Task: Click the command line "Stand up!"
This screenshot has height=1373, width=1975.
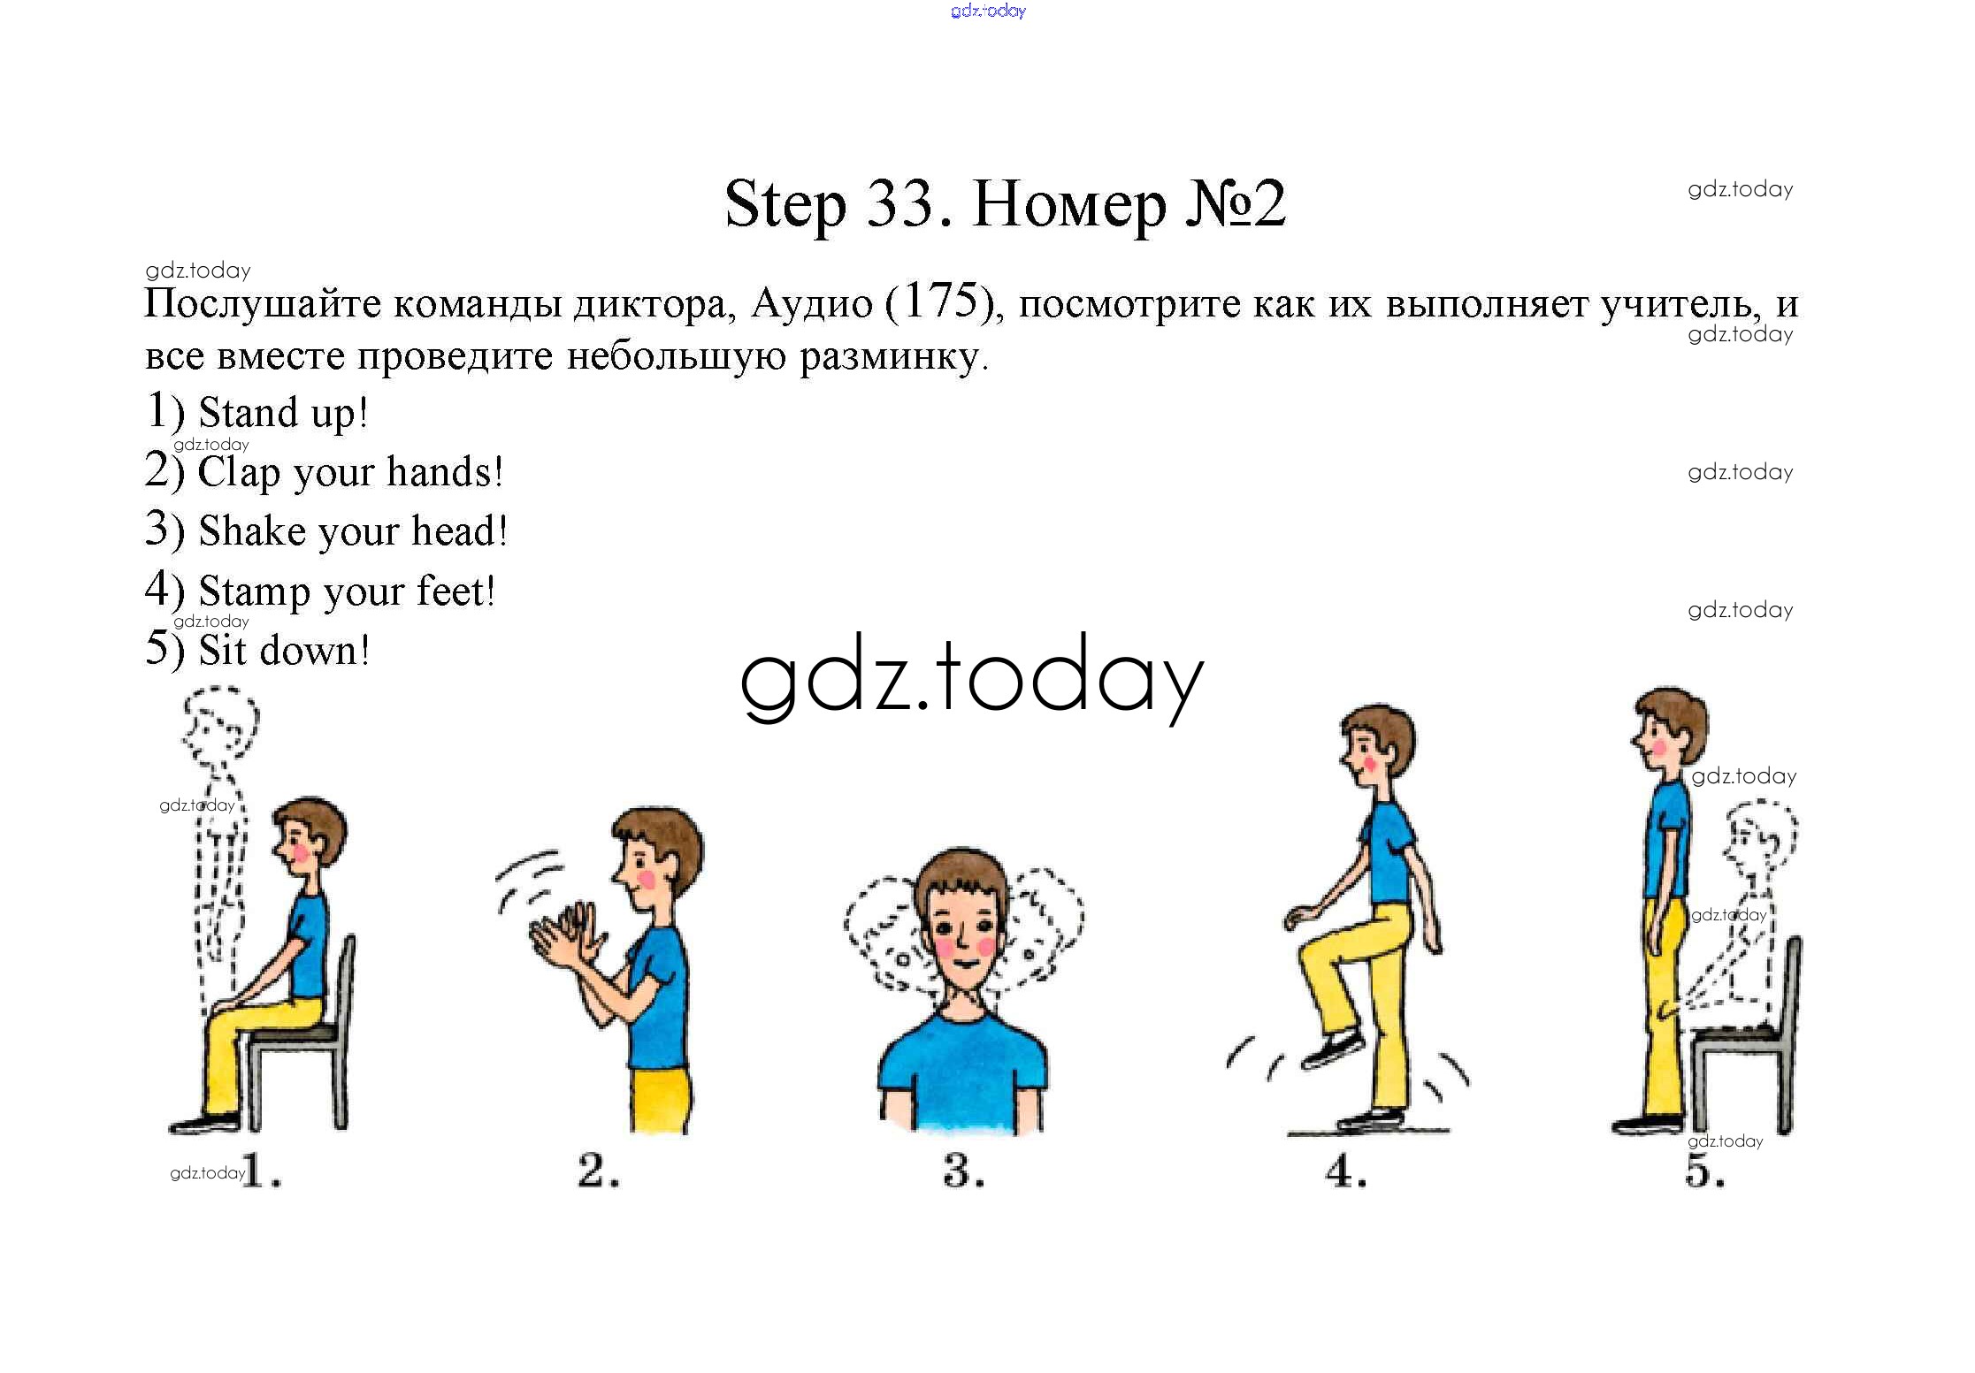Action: coord(256,412)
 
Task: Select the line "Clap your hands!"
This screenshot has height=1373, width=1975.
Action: coord(325,471)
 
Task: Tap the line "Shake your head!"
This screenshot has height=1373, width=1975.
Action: coord(326,530)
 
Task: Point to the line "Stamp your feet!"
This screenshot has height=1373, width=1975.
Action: coord(320,590)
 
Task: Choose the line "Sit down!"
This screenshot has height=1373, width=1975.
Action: coord(257,649)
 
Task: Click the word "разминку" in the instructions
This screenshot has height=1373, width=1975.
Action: coord(893,356)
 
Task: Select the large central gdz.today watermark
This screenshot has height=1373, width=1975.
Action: coord(971,679)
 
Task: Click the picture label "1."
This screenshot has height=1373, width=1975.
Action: coord(262,1171)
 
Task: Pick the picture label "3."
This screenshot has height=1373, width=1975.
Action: coord(963,1171)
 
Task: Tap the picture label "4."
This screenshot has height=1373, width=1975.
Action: coord(1345,1171)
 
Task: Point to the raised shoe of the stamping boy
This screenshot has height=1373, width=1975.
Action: coord(1334,1049)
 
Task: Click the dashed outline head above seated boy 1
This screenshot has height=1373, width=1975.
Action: coord(219,725)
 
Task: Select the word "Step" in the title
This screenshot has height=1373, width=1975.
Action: coord(785,206)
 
